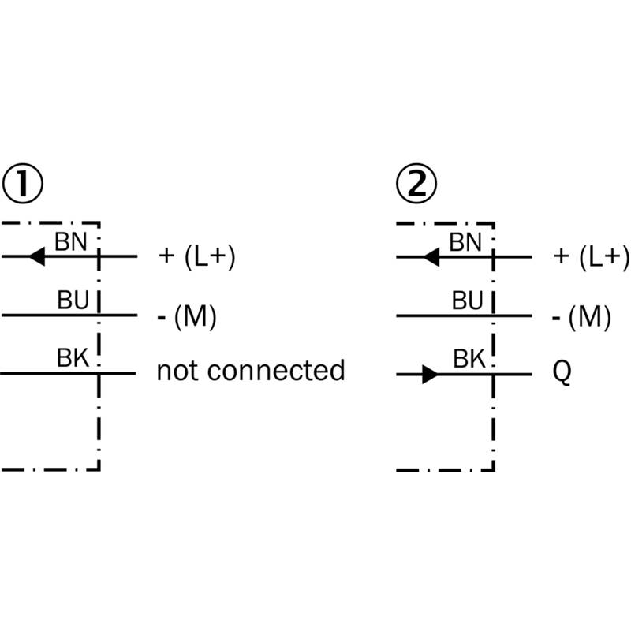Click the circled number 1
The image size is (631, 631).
(x=23, y=184)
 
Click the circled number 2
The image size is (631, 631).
(x=416, y=184)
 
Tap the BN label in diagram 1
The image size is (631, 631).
(x=71, y=242)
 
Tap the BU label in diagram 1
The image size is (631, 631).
(x=73, y=301)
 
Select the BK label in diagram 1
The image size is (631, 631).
(x=73, y=358)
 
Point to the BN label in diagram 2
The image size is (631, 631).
(x=465, y=243)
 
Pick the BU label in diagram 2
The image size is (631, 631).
(x=467, y=301)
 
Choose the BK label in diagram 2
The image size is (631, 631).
(x=469, y=359)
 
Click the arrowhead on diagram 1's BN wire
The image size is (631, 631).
(x=37, y=256)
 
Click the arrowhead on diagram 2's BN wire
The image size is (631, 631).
(x=431, y=257)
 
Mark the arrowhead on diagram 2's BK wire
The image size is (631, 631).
(x=430, y=375)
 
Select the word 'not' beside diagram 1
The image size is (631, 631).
(x=176, y=371)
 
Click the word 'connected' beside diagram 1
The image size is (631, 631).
(x=276, y=370)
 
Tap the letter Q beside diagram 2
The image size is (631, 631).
(x=562, y=372)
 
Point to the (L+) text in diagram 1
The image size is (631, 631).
(x=210, y=257)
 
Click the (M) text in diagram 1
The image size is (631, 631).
(x=195, y=317)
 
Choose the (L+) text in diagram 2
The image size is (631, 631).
(x=604, y=257)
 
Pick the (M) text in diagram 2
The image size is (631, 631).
(x=589, y=317)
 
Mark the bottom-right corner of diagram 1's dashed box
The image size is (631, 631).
(x=99, y=469)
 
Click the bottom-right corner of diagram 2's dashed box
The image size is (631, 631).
(x=494, y=469)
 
